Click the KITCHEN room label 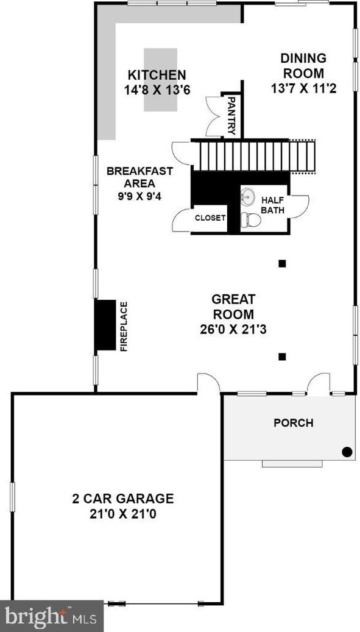pos(156,75)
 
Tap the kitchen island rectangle pos(160,80)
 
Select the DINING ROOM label pos(303,65)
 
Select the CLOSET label pos(210,218)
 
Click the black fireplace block pos(105,325)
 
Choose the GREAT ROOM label pos(233,307)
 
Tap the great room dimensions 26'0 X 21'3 pos(233,330)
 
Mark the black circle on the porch pos(346,452)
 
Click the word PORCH pos(293,422)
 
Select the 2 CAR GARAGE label pos(123,499)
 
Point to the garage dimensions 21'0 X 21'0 pos(123,514)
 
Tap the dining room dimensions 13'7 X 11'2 pos(303,88)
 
